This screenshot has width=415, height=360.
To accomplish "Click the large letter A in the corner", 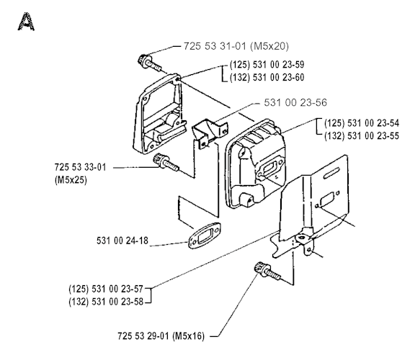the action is (26, 22).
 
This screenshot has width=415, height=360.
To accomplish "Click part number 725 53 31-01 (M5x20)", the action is (236, 46).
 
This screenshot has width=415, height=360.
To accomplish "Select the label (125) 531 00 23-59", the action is (267, 65).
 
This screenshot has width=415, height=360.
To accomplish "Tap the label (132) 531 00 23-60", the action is (267, 78).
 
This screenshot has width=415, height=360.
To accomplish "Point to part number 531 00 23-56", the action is (295, 103).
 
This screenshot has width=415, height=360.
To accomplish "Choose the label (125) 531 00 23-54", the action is (362, 123).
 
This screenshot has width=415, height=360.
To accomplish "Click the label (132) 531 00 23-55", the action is (362, 136).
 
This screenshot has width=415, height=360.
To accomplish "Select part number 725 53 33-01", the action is (80, 168).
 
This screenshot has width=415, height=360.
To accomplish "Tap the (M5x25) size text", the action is (71, 180).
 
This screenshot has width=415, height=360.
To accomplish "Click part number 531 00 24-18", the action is (122, 241).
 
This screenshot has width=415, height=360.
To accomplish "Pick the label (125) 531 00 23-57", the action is (106, 289).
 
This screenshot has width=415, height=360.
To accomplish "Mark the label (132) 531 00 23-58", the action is (106, 302).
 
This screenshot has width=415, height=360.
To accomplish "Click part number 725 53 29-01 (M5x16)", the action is (161, 336).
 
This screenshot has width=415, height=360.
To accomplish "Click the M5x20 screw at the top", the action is (148, 63).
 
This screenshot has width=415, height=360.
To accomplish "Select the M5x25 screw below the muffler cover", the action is (166, 163).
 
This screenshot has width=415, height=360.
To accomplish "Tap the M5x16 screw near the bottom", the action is (267, 270).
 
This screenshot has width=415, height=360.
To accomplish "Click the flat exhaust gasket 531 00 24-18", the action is (205, 235).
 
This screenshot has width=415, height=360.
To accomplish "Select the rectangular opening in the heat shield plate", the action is (327, 199).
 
